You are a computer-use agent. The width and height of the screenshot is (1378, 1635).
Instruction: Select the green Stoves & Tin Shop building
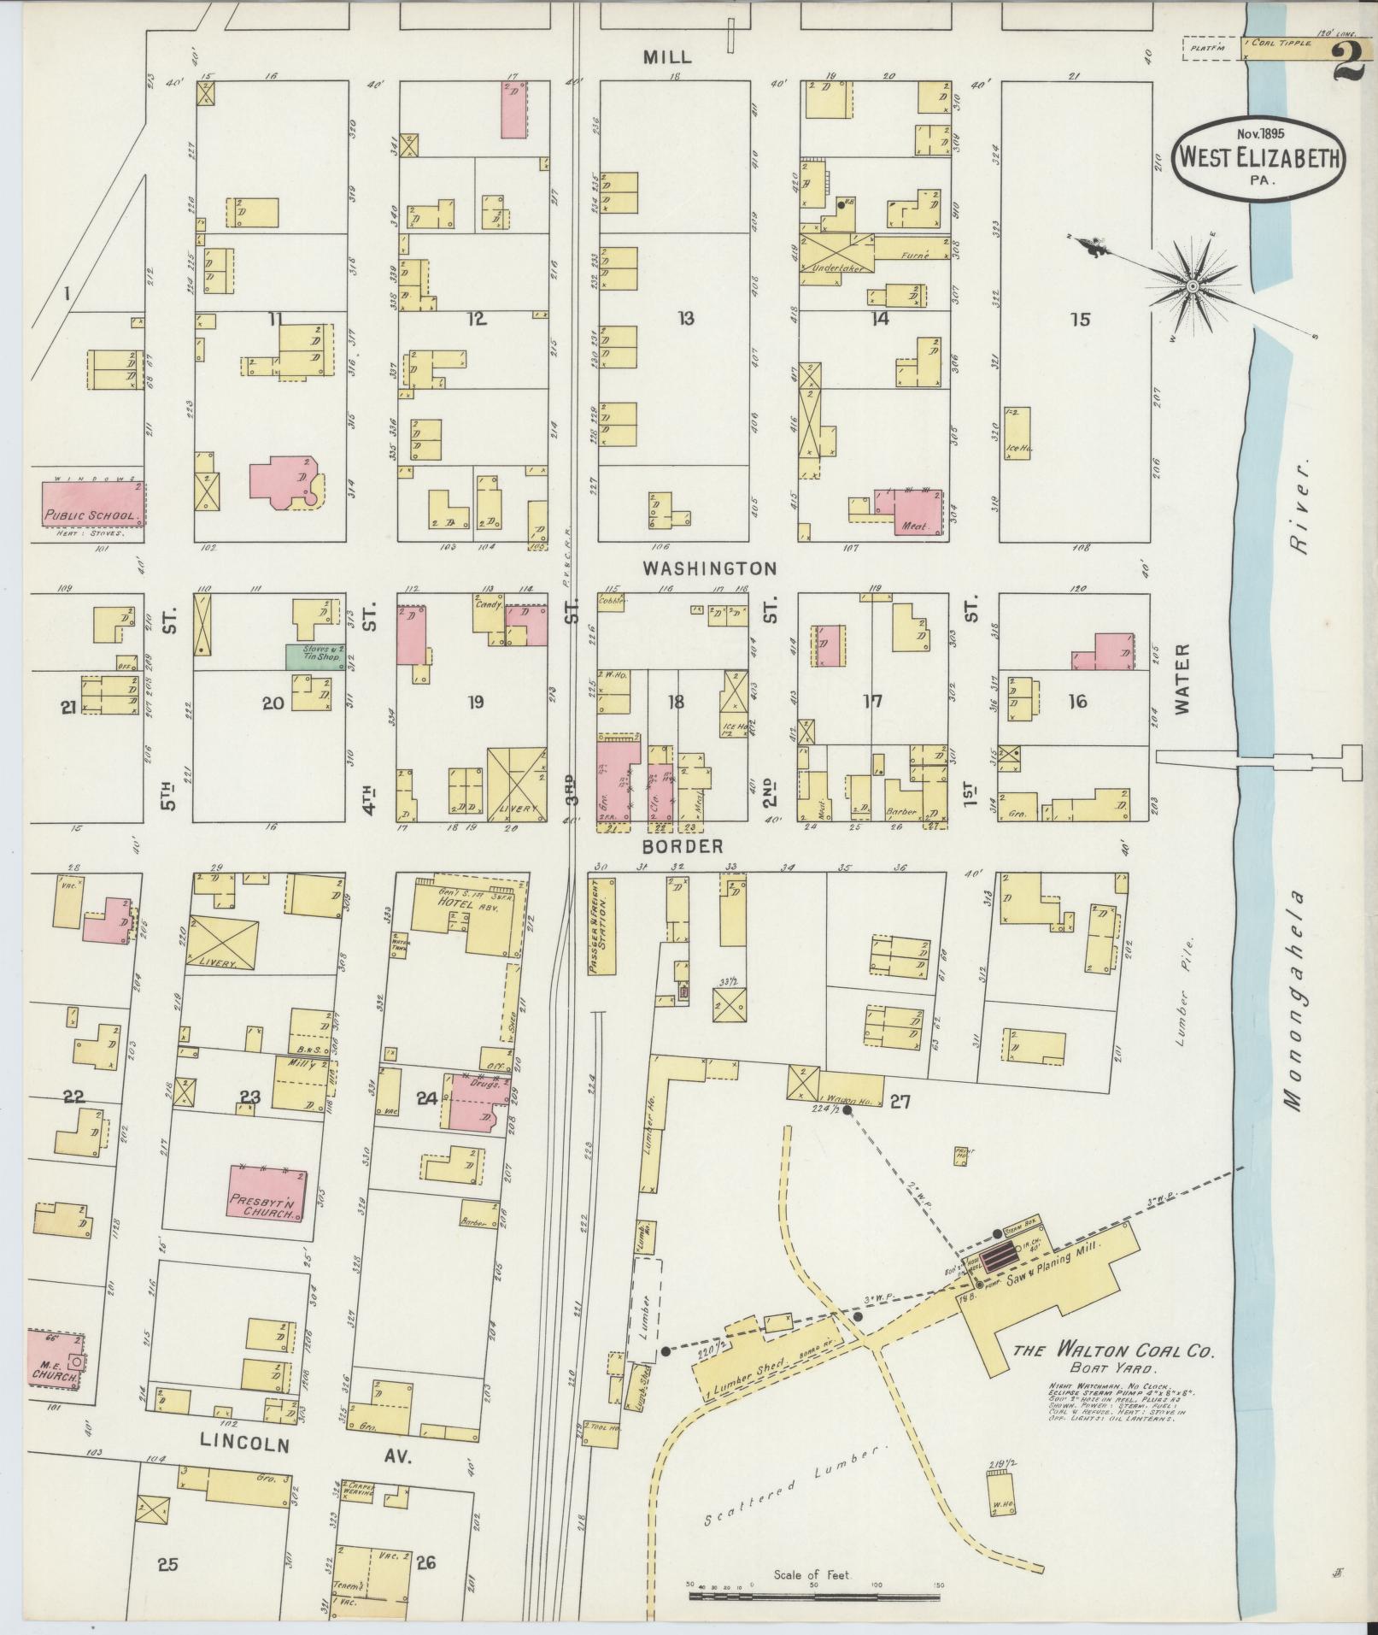[x=315, y=656]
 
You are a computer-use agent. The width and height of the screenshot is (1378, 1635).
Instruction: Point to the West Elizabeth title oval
[x=1258, y=160]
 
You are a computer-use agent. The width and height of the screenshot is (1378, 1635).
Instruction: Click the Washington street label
[x=709, y=568]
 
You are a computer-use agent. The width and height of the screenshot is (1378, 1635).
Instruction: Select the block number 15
[x=1080, y=320]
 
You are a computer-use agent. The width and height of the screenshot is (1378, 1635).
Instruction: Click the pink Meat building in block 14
[x=918, y=512]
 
